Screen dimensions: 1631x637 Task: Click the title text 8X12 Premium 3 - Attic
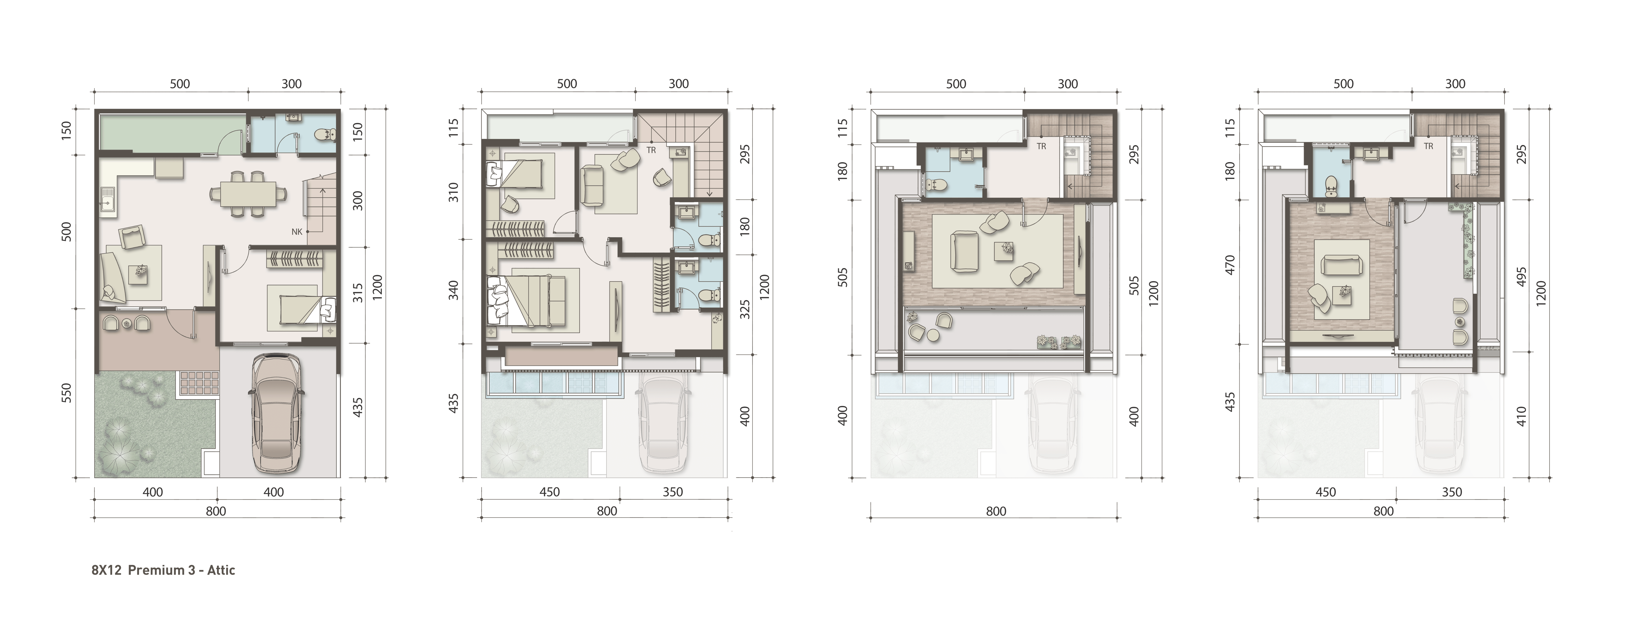coord(163,570)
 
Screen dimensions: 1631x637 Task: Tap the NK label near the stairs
coord(297,232)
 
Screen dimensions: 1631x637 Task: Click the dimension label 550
coord(66,393)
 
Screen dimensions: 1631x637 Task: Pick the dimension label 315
coord(358,293)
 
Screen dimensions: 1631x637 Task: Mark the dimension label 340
coord(453,290)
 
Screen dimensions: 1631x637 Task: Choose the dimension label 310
coord(453,192)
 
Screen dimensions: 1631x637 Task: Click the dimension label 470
coord(1230,265)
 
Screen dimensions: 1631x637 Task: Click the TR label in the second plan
coord(651,151)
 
